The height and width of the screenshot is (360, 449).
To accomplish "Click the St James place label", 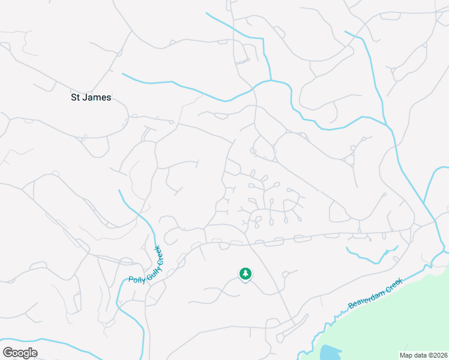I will click(91, 97).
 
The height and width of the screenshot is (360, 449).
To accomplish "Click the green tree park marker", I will click(245, 274).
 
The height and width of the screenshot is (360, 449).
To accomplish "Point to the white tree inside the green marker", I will click(245, 274).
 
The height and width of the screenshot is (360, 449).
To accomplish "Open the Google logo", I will click(20, 352).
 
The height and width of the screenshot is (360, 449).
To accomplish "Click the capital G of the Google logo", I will click(8, 352).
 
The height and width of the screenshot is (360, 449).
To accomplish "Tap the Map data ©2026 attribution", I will click(423, 355).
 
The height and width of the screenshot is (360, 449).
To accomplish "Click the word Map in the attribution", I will click(406, 355).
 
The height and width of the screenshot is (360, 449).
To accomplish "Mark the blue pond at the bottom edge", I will click(329, 353).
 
